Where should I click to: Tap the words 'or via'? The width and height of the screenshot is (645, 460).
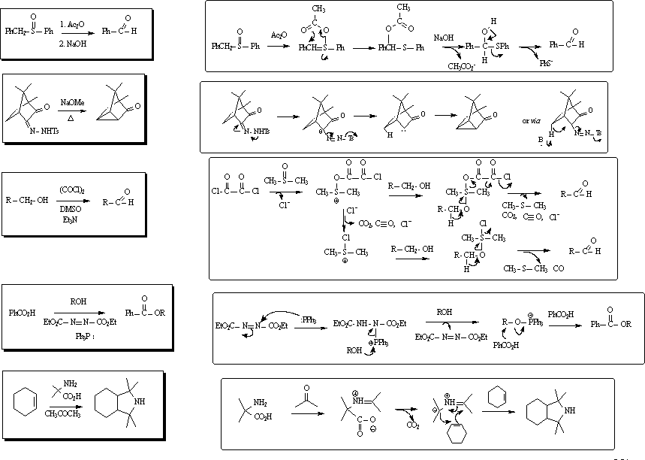click(532, 120)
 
